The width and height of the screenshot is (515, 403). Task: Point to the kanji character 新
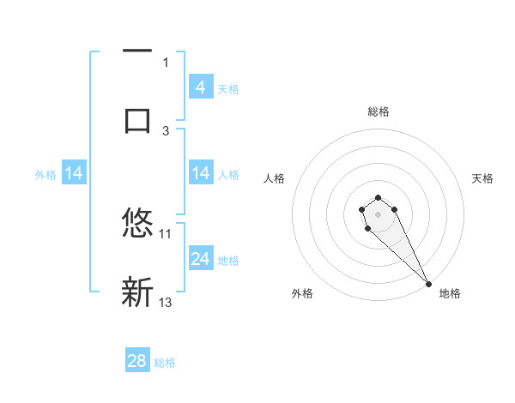137,292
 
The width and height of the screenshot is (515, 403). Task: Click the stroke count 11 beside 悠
166,233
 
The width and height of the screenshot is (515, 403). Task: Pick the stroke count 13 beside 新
166,302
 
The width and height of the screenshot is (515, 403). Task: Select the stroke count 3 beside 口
167,130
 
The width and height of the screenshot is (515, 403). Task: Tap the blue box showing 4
200,87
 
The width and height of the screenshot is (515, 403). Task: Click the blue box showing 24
200,258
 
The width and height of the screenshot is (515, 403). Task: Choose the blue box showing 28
137,361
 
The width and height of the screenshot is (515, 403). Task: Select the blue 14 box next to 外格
74,174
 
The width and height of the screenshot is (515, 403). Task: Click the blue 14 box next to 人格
200,174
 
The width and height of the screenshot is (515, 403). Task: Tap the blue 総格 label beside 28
165,363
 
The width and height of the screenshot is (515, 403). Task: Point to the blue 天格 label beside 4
228,88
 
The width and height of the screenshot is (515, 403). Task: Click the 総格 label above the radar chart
378,111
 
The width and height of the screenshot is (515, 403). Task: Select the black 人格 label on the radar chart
275,178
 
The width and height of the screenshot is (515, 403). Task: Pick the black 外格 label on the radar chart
302,293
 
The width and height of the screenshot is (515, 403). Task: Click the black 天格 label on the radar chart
483,178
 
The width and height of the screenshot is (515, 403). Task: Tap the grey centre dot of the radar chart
378,214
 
